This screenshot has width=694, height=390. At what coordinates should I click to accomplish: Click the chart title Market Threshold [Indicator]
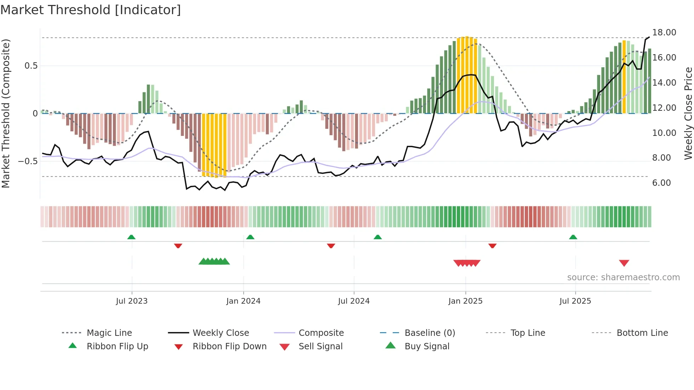click(91, 10)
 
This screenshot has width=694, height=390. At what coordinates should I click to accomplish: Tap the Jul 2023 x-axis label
click(132, 301)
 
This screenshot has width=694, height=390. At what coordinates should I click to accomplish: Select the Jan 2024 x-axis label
click(243, 301)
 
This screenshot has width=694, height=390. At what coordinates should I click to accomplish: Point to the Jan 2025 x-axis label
click(465, 301)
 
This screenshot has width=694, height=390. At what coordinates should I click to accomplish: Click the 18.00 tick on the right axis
click(664, 33)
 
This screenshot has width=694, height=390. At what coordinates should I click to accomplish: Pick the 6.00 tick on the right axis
click(661, 183)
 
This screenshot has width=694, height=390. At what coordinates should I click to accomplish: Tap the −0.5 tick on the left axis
click(28, 161)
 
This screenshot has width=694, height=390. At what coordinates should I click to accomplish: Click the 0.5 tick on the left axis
click(31, 66)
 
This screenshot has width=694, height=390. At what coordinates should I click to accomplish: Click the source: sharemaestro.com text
click(623, 277)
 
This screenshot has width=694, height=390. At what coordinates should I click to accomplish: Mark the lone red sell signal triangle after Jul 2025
click(624, 263)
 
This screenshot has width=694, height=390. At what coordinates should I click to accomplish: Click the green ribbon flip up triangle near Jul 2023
click(131, 237)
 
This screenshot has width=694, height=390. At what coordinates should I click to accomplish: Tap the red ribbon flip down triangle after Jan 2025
click(492, 246)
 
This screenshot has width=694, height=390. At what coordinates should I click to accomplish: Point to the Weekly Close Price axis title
click(688, 113)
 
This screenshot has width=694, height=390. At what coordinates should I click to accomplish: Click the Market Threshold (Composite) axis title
click(6, 113)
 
